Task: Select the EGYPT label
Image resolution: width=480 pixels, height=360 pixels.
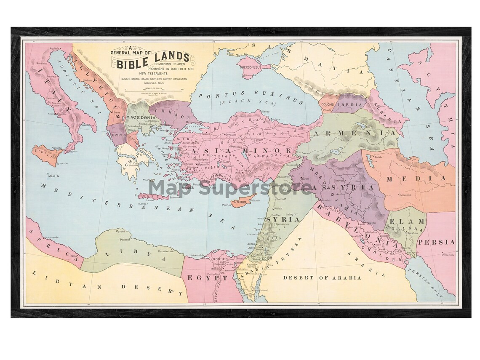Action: [204, 278]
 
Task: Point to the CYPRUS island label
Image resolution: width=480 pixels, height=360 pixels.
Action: [240, 202]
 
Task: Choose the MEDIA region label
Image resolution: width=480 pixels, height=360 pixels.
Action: [416, 179]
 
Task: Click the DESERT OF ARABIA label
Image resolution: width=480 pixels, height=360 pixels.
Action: [322, 277]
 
